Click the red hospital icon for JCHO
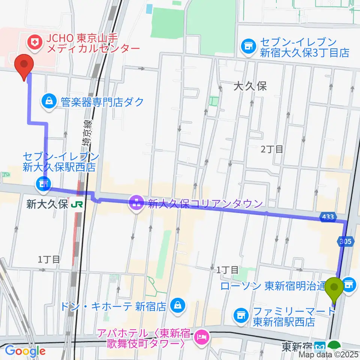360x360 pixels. coord(36,41)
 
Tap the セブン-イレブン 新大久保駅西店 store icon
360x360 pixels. coord(42,183)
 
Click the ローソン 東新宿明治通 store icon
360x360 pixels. coord(348,285)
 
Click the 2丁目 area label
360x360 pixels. coord(272,149)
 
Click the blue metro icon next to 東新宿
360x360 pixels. coord(320,345)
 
